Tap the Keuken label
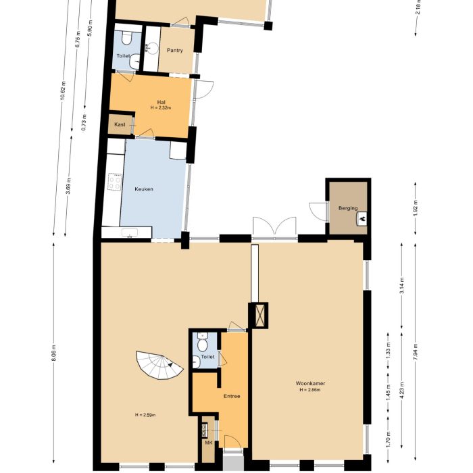tap(143, 189)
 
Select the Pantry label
tap(175, 50)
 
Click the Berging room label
tap(348, 208)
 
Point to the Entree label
tap(232, 397)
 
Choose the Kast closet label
tap(120, 125)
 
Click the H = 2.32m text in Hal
tap(161, 107)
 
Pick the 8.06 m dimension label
tap(54, 354)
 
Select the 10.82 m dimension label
tap(63, 90)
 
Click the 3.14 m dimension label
tap(402, 286)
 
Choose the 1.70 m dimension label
tap(389, 441)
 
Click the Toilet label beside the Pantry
tap(122, 56)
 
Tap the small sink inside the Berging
tap(363, 218)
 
